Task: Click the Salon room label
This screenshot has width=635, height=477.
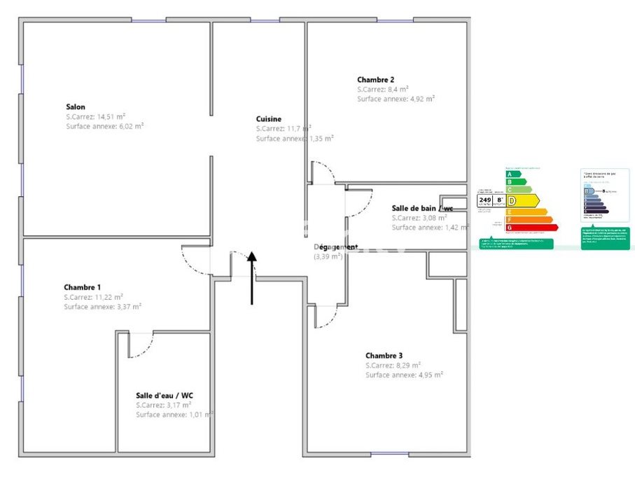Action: pos(76,107)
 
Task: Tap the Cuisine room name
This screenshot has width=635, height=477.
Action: pos(269,119)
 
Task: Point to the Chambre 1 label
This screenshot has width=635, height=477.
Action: pos(82,287)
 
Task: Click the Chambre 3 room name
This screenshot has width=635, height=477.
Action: pos(384,356)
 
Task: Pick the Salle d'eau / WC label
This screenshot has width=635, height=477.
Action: pos(165,396)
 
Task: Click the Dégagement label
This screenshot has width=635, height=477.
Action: pos(336,247)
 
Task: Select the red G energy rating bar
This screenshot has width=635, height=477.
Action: pos(531,227)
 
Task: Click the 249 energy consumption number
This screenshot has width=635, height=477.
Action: pos(484,200)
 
